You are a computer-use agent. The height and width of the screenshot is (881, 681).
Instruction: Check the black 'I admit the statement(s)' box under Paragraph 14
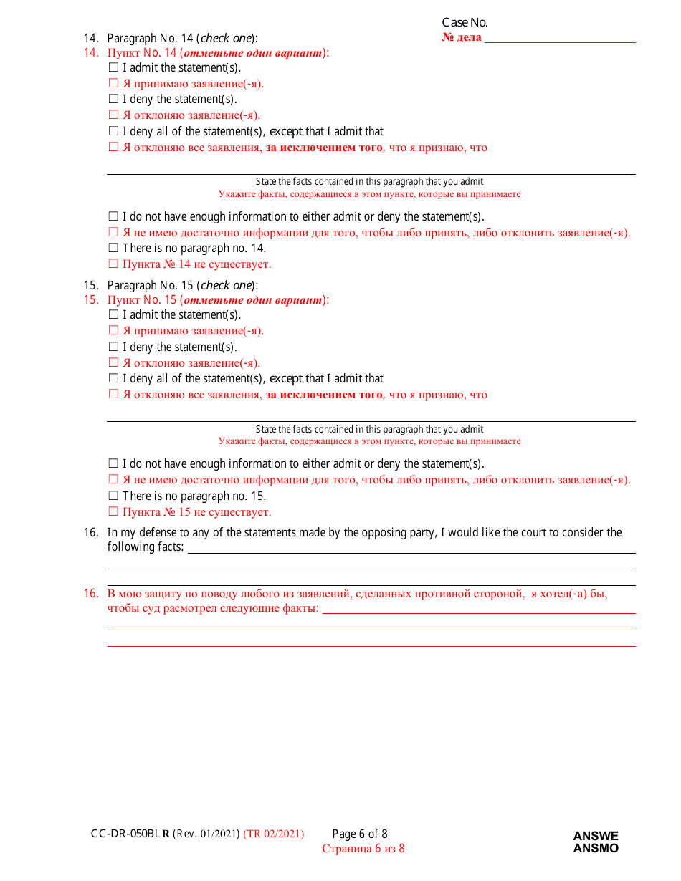[113, 68]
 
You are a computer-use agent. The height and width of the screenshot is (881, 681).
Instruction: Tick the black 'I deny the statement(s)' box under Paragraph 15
[113, 347]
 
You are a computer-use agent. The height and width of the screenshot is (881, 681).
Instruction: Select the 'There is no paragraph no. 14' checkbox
[113, 249]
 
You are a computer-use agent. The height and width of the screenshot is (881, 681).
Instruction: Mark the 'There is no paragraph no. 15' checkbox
[113, 496]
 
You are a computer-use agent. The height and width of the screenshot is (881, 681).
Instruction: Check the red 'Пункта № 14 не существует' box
[113, 264]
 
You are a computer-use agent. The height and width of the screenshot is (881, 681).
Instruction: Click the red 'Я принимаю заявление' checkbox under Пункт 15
[113, 331]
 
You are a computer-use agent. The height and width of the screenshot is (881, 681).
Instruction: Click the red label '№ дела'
[462, 37]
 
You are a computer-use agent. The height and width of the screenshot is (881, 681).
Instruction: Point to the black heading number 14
[90, 38]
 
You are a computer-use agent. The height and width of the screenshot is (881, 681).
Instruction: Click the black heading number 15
[90, 285]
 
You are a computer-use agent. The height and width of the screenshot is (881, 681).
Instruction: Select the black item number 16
[90, 533]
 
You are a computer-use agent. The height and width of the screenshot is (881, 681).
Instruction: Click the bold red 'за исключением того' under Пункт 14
[324, 148]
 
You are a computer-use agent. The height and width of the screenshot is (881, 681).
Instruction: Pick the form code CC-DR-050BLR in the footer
[130, 834]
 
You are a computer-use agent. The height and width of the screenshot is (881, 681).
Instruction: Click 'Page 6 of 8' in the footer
[360, 834]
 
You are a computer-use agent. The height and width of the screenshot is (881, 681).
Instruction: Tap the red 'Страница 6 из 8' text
[363, 849]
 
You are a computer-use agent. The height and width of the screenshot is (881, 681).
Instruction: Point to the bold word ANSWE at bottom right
[596, 836]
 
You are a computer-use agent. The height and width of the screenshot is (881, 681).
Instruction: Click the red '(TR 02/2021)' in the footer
[274, 834]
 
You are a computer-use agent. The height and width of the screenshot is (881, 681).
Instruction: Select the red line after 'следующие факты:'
[479, 610]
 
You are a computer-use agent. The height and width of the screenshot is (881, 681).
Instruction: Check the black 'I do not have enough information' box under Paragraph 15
[113, 464]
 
